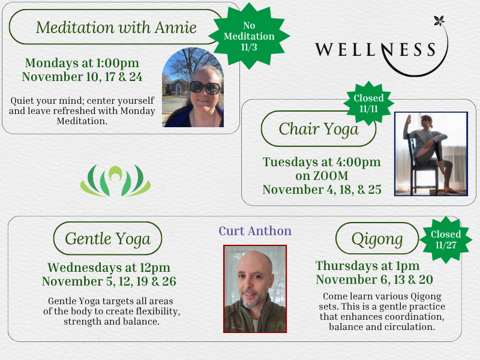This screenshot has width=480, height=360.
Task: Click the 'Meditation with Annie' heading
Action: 116,27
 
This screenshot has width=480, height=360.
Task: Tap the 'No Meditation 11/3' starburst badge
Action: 249,36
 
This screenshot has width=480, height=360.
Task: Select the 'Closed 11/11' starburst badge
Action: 368,103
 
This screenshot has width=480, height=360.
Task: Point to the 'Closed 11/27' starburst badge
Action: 446,239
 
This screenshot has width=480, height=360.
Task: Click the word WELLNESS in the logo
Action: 376,50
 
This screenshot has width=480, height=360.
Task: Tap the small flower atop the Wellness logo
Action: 439,21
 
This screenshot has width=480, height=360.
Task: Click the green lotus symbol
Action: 115,181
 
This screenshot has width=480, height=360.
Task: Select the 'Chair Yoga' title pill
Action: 319,128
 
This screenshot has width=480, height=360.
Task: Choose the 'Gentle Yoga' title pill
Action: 108,238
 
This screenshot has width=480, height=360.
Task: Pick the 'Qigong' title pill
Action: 377,238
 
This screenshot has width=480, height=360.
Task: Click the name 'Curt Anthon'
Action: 255,231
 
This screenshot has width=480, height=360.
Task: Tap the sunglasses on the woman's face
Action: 205,88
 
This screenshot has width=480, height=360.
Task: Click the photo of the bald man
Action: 255,289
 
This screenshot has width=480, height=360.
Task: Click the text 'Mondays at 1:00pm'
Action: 82,63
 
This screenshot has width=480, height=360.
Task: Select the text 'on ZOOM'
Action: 322,176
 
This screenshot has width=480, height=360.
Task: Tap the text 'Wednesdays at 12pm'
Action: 109,268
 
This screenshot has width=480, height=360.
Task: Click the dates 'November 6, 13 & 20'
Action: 374,280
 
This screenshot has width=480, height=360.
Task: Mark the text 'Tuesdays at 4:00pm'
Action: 322,162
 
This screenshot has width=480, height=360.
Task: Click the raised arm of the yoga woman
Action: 407,126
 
